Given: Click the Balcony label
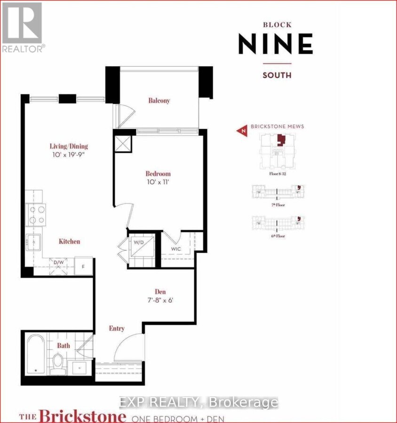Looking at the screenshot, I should [159, 101].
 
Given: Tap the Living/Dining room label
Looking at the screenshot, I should [70, 146].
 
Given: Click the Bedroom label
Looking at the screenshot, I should [158, 173].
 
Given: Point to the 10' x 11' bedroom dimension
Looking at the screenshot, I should [158, 182].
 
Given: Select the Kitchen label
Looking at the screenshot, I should [69, 242].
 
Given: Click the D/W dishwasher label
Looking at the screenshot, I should [59, 262].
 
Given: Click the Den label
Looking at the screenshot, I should [160, 291].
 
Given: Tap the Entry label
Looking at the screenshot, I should [117, 329].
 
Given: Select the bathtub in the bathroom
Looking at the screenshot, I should [34, 354].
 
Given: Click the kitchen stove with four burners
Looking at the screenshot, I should [37, 215].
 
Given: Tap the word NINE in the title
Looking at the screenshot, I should [275, 45].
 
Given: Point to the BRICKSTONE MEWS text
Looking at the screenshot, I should [278, 126].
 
